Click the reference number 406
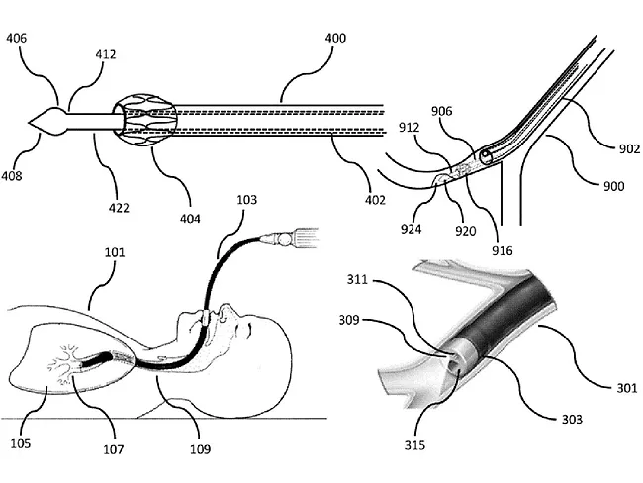tap(17, 39)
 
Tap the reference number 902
tap(617, 148)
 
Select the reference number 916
tap(502, 251)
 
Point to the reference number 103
tap(247, 200)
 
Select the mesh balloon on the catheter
tap(143, 121)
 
